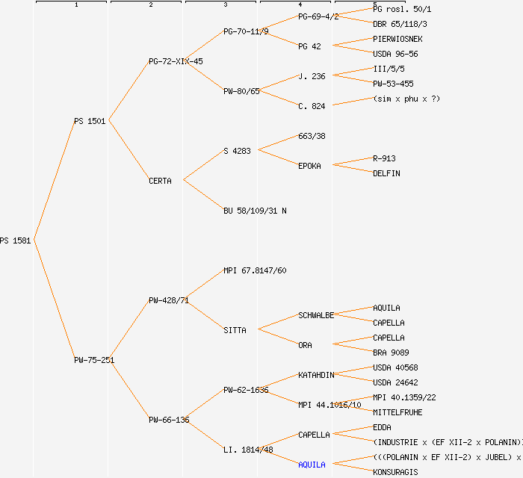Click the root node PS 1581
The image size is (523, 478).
15,240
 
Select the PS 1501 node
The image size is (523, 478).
90,121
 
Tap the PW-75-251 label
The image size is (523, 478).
94,360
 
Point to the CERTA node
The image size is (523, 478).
160,181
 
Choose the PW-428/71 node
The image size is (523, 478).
168,300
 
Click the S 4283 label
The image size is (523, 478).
237,151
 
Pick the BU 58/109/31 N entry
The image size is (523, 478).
255,211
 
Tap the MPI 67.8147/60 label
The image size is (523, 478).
255,270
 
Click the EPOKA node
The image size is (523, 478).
309,166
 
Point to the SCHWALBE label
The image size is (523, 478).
316,315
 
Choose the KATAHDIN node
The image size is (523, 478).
316,375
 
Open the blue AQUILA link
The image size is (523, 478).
312,465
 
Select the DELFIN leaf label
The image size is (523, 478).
386,173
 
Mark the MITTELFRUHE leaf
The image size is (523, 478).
397,412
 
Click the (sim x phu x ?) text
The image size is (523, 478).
406,99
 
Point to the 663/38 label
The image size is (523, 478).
312,136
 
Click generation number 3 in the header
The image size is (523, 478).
225,5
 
